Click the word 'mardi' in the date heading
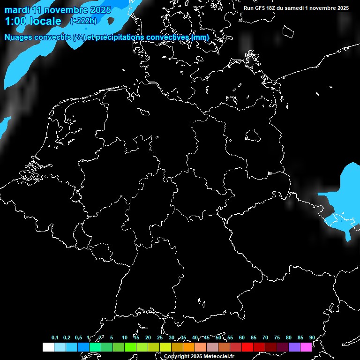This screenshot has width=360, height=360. tap(17, 10)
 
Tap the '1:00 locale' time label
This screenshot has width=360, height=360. tap(33, 21)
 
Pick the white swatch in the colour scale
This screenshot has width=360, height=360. tap(48, 347)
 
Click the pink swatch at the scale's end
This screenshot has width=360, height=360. tap(306, 347)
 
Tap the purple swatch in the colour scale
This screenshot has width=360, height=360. tap(294, 347)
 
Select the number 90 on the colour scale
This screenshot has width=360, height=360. tap(312, 337)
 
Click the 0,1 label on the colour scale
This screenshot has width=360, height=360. tap(55, 337)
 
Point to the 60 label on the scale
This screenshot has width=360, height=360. tap(241, 337)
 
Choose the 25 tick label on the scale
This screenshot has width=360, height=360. tap(159, 337)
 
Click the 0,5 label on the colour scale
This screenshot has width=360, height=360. tap(78, 337)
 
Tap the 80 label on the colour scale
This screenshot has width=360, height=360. tap(288, 337)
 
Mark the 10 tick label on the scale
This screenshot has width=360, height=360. tap(124, 337)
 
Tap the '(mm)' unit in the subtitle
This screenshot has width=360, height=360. tap(200, 37)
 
